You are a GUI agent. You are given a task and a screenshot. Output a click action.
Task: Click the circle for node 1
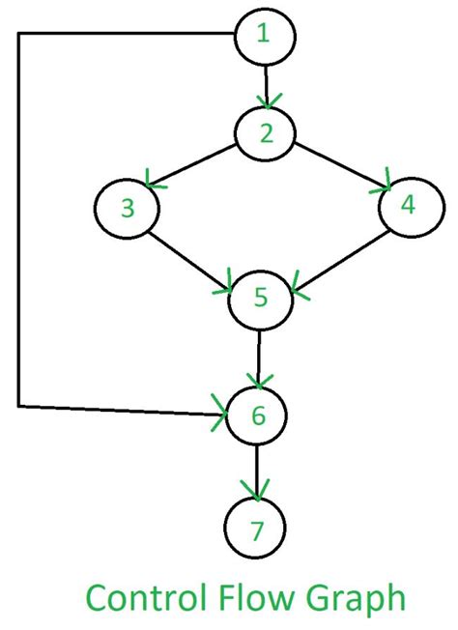click(264, 36)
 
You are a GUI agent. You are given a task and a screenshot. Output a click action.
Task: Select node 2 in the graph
click(266, 132)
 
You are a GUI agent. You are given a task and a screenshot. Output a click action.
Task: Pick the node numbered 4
click(409, 205)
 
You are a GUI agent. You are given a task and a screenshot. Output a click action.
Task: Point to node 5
click(259, 299)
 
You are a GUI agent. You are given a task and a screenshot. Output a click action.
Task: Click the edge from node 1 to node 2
click(265, 83)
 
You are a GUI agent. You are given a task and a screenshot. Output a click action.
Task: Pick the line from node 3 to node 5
click(188, 254)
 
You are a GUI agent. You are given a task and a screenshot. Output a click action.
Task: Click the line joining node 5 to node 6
click(258, 355)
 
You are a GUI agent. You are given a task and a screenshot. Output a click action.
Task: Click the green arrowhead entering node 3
click(152, 180)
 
